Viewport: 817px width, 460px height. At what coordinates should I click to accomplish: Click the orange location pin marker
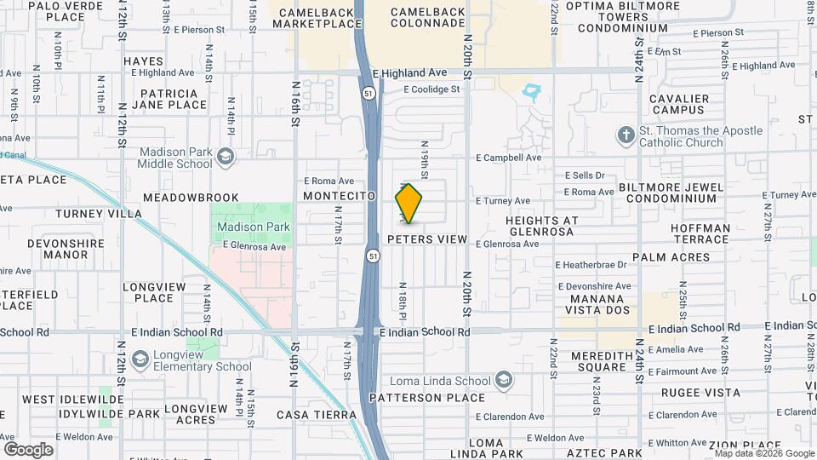click(408, 204)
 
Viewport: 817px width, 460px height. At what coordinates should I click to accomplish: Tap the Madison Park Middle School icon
click(225, 156)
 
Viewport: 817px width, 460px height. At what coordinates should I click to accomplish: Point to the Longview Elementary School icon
click(141, 360)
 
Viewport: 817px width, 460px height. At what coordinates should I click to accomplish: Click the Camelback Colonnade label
click(428, 18)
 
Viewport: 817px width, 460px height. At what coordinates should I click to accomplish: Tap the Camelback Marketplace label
click(317, 18)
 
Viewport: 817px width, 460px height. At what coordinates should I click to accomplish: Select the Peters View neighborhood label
click(427, 239)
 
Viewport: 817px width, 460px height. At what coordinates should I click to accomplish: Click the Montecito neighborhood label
click(340, 196)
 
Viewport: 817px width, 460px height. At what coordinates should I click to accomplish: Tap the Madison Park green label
click(254, 227)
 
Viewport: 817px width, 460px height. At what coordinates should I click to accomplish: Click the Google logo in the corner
click(28, 449)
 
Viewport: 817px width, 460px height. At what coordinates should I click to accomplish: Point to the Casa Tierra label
click(317, 415)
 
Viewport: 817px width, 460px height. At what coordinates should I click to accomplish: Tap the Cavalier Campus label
click(677, 104)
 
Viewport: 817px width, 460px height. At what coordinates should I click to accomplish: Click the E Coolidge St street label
click(431, 89)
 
